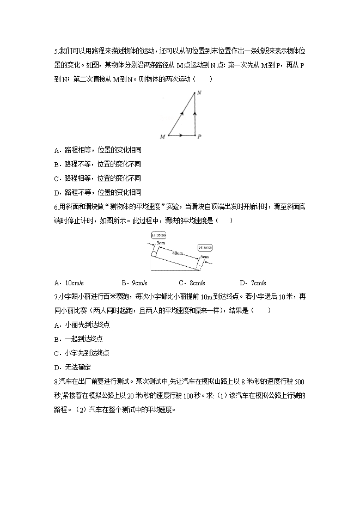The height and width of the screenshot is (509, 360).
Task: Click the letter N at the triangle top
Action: click(199, 93)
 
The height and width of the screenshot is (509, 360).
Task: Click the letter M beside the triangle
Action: click(162, 137)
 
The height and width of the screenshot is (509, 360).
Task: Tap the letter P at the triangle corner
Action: click(199, 137)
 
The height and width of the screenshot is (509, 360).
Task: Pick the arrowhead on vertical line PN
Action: click(194, 115)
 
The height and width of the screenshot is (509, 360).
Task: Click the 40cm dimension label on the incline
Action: click(176, 253)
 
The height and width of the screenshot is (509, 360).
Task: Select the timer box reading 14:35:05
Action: click(205, 247)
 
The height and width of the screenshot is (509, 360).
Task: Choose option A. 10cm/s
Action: click(69, 283)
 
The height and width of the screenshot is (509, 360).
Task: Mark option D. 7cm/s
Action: click(253, 283)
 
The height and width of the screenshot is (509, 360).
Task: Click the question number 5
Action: click(56, 51)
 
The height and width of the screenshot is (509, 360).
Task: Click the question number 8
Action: click(56, 382)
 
